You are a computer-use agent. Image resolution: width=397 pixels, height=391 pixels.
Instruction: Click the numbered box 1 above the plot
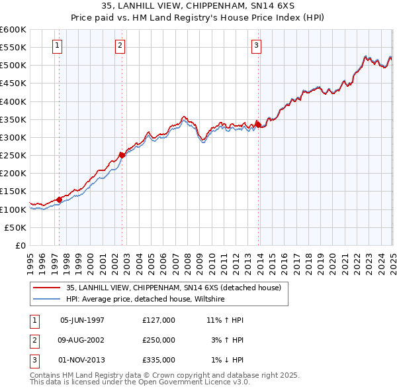58,46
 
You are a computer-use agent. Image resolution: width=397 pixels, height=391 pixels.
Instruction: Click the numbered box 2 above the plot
120,46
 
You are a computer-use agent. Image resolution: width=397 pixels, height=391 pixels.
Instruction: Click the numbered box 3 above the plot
256,46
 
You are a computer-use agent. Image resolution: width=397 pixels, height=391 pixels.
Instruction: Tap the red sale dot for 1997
59,199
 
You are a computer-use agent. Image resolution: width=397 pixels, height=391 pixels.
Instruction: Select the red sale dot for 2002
122,155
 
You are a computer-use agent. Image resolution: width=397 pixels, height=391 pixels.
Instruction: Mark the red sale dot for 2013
258,125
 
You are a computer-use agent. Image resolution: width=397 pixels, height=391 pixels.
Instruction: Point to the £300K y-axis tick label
13,137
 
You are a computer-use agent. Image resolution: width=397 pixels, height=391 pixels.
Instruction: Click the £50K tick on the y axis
15,227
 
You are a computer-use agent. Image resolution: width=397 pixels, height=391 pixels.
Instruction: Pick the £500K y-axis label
13,66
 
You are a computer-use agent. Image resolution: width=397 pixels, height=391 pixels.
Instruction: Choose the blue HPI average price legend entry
146,299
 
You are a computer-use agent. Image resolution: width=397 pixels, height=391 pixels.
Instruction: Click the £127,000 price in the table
159,320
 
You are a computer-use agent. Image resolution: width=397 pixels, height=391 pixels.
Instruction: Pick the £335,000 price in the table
159,360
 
